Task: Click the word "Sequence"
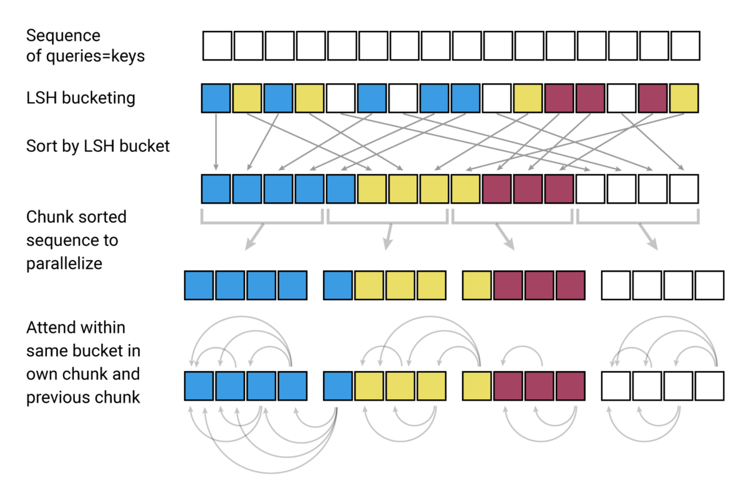point(63,36)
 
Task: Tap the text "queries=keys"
point(95,56)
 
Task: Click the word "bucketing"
point(98,98)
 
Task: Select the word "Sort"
point(41,146)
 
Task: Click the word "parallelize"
point(64,263)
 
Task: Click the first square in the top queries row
point(217,46)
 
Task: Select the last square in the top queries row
point(685,46)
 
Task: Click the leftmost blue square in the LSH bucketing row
point(216,98)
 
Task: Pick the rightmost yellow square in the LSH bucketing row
point(684,98)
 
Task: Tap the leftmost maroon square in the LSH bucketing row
point(559,98)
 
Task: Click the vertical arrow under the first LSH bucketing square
point(216,142)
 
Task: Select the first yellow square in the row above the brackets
point(372,189)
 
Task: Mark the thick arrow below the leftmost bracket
point(254,237)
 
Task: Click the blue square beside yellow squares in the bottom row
point(338,386)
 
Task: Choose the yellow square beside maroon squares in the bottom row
point(476,386)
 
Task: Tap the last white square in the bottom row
point(709,386)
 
